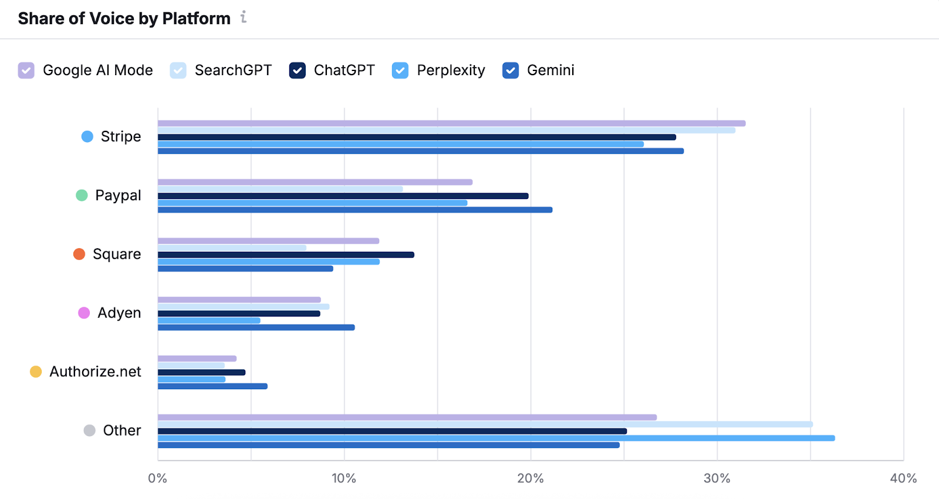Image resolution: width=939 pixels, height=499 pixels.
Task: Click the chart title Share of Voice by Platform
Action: click(x=124, y=19)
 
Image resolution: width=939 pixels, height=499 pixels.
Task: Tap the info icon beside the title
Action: click(x=244, y=18)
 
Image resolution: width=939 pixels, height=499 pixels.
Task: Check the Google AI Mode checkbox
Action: click(x=26, y=70)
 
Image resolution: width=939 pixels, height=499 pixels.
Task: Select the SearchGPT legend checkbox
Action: click(x=178, y=70)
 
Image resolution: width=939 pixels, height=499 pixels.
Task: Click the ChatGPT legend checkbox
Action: click(x=298, y=70)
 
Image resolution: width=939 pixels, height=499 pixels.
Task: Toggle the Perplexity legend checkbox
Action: click(x=400, y=70)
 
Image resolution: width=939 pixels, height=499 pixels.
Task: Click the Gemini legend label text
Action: click(x=550, y=70)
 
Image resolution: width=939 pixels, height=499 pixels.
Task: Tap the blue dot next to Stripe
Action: click(x=87, y=137)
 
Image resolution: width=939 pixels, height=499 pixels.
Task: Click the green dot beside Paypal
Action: click(x=82, y=195)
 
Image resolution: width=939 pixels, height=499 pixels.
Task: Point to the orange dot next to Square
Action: click(x=79, y=254)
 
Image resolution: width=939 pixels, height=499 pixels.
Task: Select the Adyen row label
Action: click(x=119, y=313)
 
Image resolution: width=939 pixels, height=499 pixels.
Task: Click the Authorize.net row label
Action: click(x=95, y=372)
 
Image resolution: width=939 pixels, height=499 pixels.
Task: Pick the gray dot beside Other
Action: click(x=89, y=430)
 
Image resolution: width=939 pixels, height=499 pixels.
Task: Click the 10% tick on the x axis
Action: click(x=344, y=478)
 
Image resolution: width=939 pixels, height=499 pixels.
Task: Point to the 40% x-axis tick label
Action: click(x=903, y=478)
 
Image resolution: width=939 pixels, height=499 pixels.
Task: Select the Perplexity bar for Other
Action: click(x=496, y=438)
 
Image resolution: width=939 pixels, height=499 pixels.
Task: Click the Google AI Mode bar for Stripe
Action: click(x=451, y=123)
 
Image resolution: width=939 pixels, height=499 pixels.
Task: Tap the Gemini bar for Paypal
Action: click(x=355, y=210)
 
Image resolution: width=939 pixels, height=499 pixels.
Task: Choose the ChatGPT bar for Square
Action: click(x=286, y=255)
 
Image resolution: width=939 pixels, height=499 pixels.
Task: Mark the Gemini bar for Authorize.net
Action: click(x=212, y=386)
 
